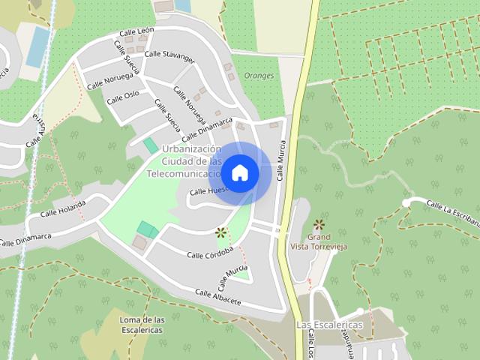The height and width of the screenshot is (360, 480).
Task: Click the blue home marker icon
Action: click(239, 172)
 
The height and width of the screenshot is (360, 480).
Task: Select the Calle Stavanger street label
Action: click(169, 55)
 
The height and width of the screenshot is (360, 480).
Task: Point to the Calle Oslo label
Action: click(122, 96)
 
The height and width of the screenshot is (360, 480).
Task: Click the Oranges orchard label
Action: click(260, 76)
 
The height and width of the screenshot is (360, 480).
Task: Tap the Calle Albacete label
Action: click(218, 296)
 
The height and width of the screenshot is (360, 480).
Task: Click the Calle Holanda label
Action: click(63, 209)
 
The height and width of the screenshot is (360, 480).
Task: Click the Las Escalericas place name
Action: click(329, 325)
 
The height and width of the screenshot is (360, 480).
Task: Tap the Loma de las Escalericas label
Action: click(142, 324)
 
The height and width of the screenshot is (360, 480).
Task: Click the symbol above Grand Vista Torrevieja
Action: click(319, 223)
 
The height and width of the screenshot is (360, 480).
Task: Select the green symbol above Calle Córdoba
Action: click(220, 232)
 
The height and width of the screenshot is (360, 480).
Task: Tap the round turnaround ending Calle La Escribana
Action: click(406, 202)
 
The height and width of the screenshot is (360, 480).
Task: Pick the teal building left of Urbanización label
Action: click(151, 145)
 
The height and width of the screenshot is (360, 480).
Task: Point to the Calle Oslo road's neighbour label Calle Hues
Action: click(208, 191)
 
